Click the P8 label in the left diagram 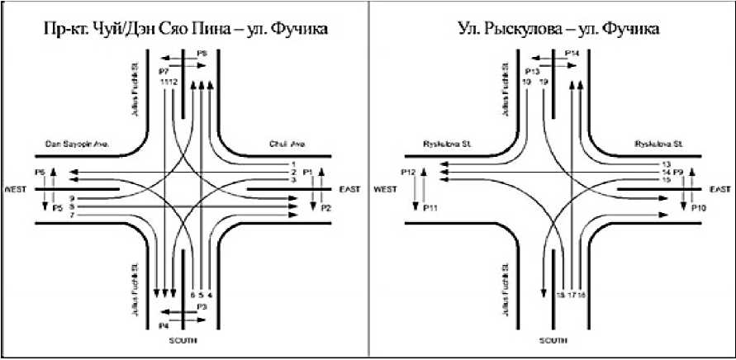coord(202,54)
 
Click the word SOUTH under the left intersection coord(185,340)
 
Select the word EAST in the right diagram coord(714,189)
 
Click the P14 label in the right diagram coord(572,54)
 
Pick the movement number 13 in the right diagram coord(666,164)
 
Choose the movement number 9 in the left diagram coord(73,199)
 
